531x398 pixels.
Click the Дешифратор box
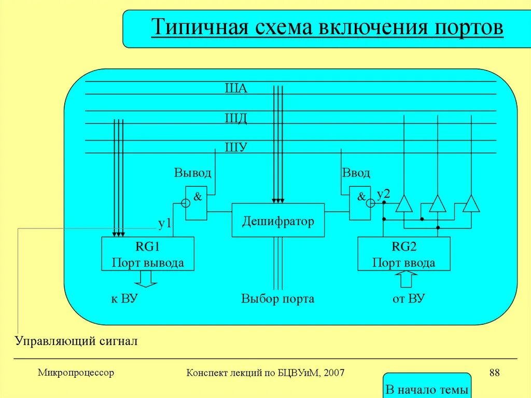pos(278,221)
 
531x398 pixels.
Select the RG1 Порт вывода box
pos(148,254)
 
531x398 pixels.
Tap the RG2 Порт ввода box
pos(404,254)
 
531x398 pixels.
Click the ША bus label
pos(236,88)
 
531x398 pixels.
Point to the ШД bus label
pos(236,119)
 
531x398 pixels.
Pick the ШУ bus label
pos(236,147)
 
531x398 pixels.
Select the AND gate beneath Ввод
pos(359,202)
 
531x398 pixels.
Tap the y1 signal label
pos(165,223)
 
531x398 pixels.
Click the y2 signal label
pos(383,194)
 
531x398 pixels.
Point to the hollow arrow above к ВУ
pos(146,279)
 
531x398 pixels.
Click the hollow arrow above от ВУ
pos(406,279)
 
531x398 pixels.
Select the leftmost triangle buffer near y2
pos(404,203)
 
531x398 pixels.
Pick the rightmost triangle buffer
pos(471,203)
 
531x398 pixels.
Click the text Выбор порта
pos(277,299)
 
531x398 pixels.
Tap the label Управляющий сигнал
pos(76,341)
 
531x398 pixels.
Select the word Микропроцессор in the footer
pos(76,372)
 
